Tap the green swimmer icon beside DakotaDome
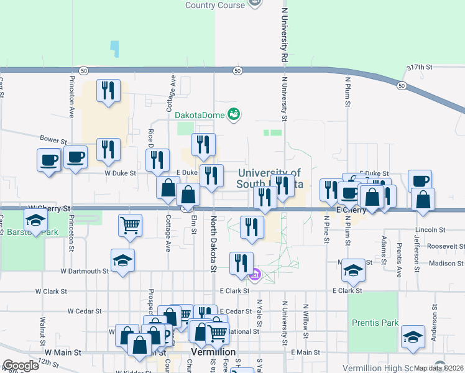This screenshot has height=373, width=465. [234, 114]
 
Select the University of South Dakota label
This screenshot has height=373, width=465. [269, 178]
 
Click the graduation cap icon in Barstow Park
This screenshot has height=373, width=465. [36, 221]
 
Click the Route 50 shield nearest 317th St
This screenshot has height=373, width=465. [402, 85]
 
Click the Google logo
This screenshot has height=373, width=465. [20, 366]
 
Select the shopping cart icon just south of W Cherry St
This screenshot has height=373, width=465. [130, 226]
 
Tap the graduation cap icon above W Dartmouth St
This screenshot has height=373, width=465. [123, 260]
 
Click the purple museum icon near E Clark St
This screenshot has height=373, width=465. [255, 274]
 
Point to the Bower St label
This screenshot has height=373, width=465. [53, 139]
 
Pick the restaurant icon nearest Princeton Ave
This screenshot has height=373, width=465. [109, 91]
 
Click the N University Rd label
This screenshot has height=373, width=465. [285, 35]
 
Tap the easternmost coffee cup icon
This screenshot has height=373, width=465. [420, 181]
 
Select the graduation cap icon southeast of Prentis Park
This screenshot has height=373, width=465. [413, 337]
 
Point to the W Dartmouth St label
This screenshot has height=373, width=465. [85, 271]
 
